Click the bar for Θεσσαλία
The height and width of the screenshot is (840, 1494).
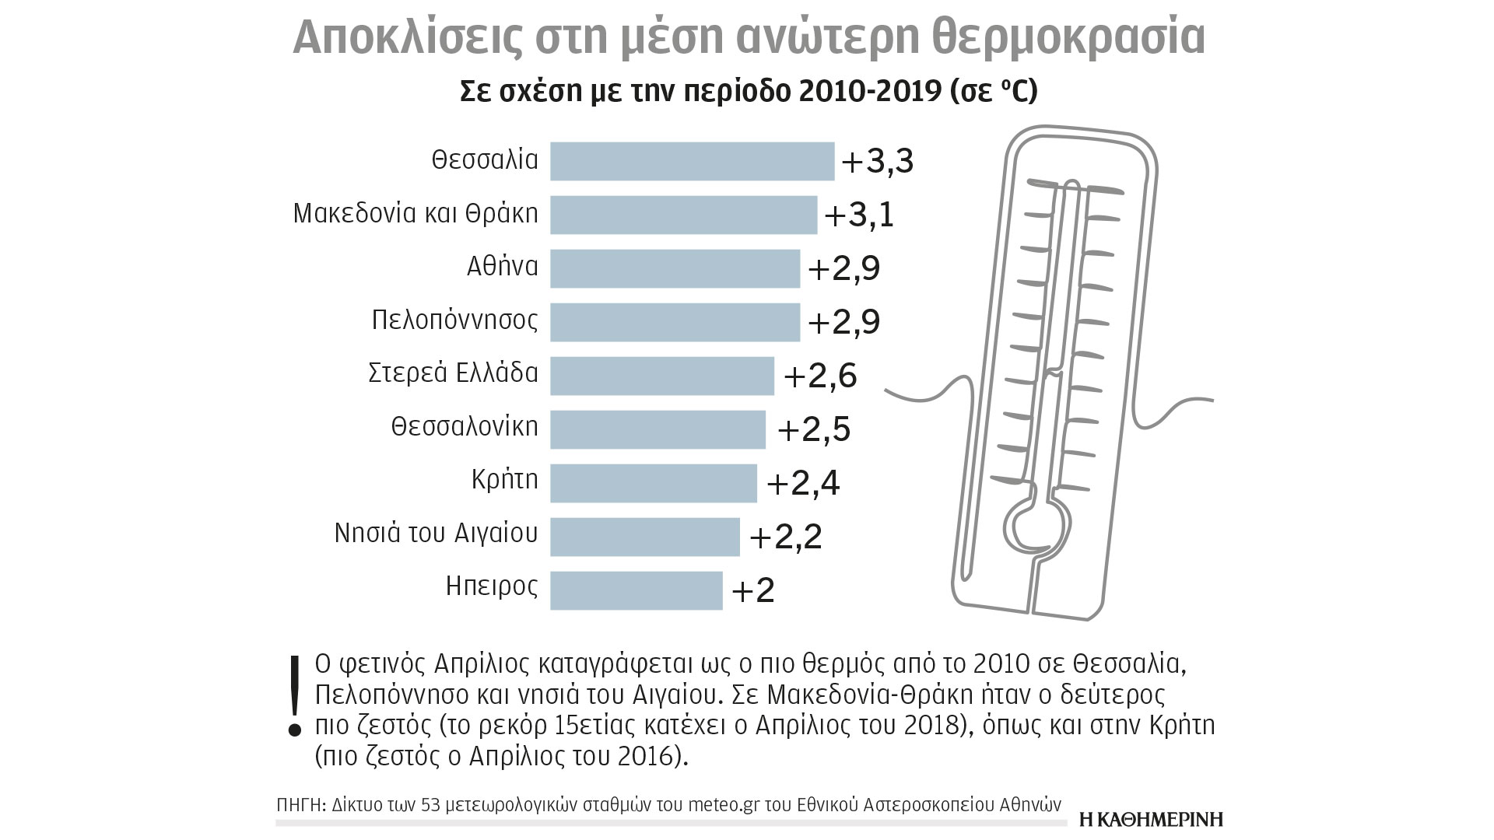(x=692, y=161)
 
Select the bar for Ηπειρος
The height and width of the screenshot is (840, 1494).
(x=636, y=590)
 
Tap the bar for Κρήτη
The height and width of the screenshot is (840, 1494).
(x=653, y=483)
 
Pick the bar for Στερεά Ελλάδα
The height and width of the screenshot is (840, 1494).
(x=661, y=376)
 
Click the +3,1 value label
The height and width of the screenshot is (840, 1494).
(x=859, y=215)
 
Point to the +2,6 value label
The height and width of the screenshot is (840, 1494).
(x=820, y=376)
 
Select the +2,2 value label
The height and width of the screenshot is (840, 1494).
(x=785, y=537)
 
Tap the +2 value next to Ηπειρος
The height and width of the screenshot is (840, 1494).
(x=753, y=591)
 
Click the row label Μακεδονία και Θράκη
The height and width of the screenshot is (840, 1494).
(x=416, y=213)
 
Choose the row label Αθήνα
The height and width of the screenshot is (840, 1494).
(x=502, y=266)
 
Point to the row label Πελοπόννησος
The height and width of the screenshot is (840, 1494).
(x=454, y=320)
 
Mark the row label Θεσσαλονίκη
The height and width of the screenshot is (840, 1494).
(x=465, y=427)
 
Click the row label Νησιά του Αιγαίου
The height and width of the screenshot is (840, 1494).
(x=436, y=534)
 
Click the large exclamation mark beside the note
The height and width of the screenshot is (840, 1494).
(x=294, y=695)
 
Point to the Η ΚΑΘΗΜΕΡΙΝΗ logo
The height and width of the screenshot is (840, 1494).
(x=1152, y=819)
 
